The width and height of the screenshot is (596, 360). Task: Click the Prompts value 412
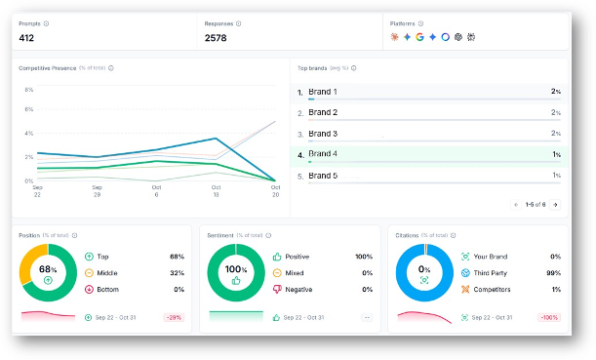(27, 38)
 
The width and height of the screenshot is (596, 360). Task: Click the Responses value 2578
(218, 38)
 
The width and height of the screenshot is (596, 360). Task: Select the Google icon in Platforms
(419, 37)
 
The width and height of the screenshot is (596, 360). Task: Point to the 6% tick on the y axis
(29, 109)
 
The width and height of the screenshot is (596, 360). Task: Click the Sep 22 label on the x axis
(37, 190)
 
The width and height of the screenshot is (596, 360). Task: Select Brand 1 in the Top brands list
(323, 92)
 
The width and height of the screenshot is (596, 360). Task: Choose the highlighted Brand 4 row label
(323, 154)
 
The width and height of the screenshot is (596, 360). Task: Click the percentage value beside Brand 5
(556, 176)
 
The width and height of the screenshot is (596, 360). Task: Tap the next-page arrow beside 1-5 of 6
(555, 205)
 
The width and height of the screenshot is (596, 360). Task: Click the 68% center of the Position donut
(48, 270)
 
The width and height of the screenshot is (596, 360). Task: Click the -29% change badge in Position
(175, 318)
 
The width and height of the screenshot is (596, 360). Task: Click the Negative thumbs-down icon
(277, 290)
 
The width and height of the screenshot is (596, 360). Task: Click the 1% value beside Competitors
(555, 290)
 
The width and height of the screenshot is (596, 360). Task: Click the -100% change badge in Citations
(548, 318)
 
